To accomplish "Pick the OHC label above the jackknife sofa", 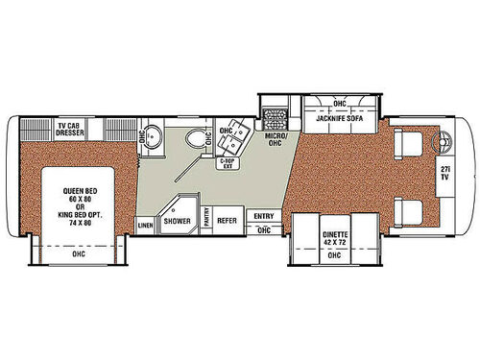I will click(339, 104).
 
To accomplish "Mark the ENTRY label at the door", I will click(263, 217).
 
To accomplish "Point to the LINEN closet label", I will click(146, 226).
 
